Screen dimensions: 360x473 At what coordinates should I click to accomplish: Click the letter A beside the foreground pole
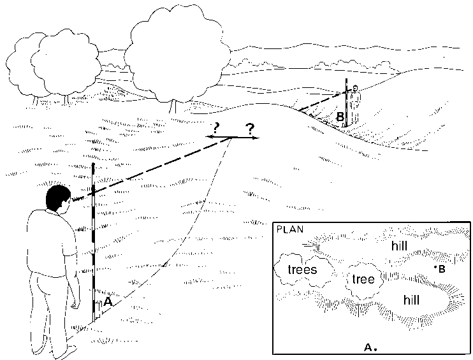click(x=108, y=303)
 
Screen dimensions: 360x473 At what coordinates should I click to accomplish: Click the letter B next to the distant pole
click(x=340, y=117)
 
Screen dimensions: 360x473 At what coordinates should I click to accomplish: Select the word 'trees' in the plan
click(x=302, y=270)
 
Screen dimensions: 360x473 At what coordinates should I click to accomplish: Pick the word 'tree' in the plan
click(x=362, y=278)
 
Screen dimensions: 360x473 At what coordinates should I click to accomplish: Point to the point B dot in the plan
click(x=435, y=268)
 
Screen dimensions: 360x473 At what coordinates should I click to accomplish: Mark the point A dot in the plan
click(x=376, y=349)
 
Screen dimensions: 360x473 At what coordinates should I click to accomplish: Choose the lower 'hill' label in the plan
click(x=411, y=299)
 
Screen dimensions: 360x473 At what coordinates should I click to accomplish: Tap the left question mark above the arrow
click(x=225, y=126)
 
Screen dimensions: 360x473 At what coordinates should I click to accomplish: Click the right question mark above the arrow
click(x=251, y=128)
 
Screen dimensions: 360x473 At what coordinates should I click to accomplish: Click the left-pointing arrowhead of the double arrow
click(x=208, y=136)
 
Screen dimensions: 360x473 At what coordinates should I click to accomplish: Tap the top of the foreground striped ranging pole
click(x=93, y=166)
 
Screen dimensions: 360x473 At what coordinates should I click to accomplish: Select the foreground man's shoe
click(x=66, y=350)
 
